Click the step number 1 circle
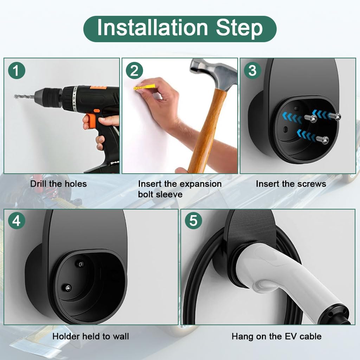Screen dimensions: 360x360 17,71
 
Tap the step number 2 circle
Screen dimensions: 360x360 134,71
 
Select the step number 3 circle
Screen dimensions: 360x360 252,71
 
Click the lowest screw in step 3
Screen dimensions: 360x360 325,140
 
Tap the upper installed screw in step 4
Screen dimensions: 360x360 81,264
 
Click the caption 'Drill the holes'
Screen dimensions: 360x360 58,184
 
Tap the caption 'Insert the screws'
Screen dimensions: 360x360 291,184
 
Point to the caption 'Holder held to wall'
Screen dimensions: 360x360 91,336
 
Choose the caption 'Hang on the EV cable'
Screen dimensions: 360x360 276,336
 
